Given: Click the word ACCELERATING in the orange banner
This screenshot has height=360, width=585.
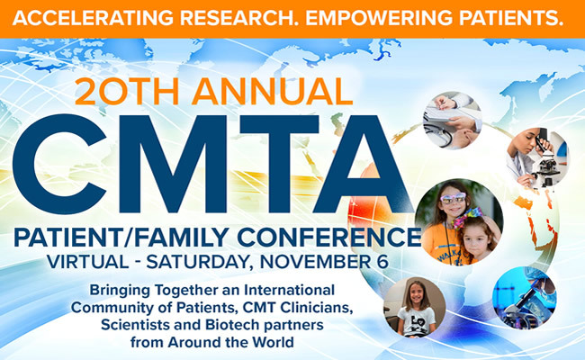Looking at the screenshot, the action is point(93,17).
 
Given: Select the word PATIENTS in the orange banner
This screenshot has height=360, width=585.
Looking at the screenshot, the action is point(511,17).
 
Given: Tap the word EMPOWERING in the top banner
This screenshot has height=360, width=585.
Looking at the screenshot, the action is point(379,17).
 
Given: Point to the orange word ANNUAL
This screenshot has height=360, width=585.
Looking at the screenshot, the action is point(273,92).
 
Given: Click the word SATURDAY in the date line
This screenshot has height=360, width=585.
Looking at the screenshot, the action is point(196,262).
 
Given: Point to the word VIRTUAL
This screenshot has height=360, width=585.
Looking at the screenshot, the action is point(88,262).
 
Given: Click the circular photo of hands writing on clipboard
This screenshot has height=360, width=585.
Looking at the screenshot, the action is point(453,120).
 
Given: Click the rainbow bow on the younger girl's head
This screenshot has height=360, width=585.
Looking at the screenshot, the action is point(467,217).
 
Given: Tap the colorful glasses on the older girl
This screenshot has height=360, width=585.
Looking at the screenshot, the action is point(453,198).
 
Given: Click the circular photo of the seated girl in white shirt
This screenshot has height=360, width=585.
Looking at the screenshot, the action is point(415,307).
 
